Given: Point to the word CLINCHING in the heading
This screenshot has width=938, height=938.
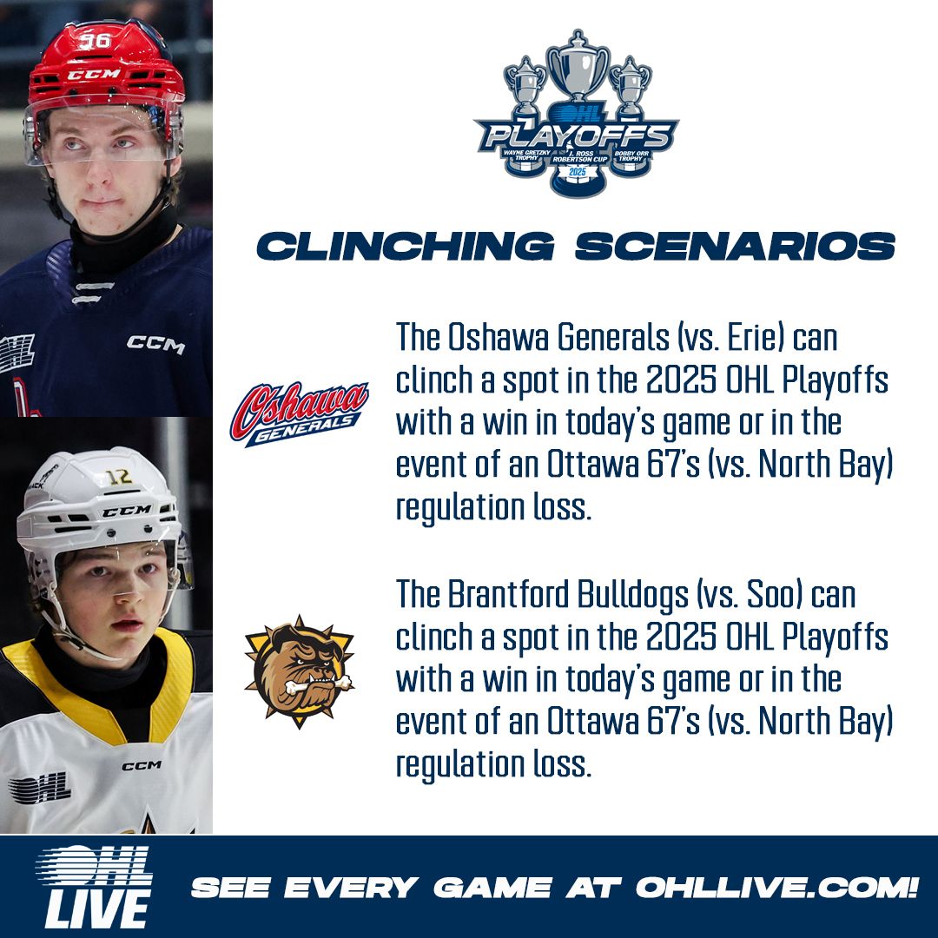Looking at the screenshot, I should (406, 246).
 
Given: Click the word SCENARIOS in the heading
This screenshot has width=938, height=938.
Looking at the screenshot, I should (735, 246).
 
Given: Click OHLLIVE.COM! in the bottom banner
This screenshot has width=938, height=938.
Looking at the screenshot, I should (776, 888).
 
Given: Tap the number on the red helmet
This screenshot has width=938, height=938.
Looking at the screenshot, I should (93, 40).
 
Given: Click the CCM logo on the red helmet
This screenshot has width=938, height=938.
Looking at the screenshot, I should (94, 75).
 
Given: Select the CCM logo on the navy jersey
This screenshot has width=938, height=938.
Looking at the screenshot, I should (156, 344).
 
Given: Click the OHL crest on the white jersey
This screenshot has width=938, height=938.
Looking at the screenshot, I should (39, 787).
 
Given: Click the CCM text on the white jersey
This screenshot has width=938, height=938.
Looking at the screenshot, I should (141, 765).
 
